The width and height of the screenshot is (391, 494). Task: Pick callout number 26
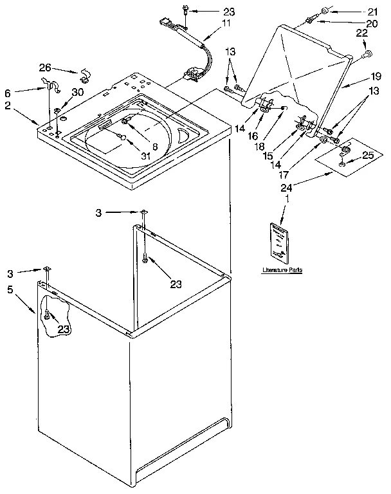click(44, 66)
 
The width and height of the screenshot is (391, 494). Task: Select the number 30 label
click(78, 92)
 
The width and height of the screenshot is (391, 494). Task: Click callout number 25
click(367, 155)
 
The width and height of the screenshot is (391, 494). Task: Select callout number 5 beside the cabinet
click(9, 289)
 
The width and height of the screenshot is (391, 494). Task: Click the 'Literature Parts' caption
click(282, 270)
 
